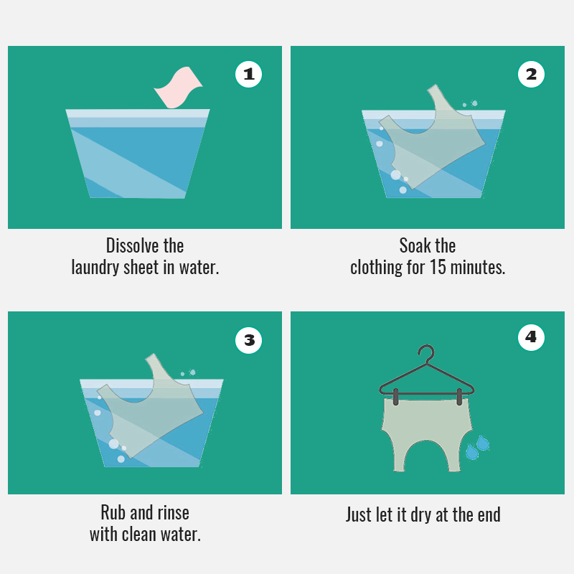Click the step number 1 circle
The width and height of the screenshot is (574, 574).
[248, 75]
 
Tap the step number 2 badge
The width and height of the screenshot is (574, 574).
[531, 75]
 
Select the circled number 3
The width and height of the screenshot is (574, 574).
[248, 340]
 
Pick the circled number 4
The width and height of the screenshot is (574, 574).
[531, 337]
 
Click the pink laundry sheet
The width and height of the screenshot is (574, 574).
[178, 88]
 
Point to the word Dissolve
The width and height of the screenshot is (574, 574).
[132, 245]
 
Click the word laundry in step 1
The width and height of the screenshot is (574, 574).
[95, 268]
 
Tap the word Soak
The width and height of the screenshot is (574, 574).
[415, 245]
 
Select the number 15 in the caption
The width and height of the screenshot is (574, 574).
[438, 267]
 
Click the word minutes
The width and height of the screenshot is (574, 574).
[477, 267]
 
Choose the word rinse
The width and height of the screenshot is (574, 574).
[173, 512]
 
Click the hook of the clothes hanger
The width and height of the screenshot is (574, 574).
[427, 353]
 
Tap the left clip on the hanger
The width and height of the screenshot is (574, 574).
[396, 397]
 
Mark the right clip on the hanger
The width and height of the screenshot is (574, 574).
[459, 397]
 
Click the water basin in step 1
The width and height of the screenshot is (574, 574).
[138, 154]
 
